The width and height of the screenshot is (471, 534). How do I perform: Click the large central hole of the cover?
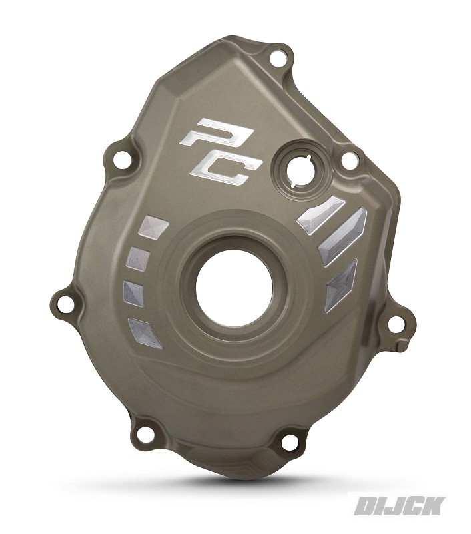click(234, 290)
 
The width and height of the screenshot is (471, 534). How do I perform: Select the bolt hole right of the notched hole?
click(349, 160)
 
